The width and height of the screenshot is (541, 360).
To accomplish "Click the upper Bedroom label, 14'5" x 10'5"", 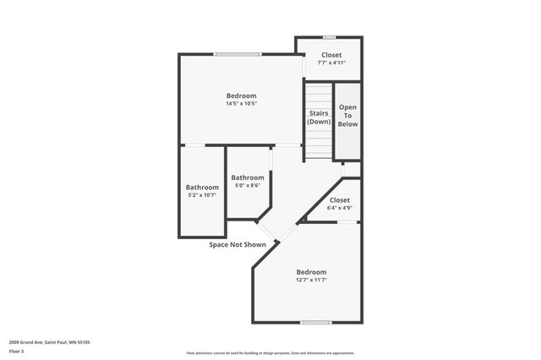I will click(x=241, y=95).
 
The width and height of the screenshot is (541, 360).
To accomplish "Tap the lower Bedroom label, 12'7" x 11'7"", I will click(x=311, y=271).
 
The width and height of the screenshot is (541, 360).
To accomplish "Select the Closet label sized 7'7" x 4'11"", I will click(x=331, y=55).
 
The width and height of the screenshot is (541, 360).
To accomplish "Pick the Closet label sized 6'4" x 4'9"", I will click(x=339, y=200).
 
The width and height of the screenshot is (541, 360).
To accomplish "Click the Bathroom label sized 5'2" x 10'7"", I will click(x=202, y=187).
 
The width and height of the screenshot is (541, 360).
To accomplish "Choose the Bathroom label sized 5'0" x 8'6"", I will click(x=248, y=177).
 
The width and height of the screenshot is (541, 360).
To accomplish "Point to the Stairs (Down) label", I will click(x=319, y=117).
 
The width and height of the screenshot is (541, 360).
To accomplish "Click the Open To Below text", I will click(x=347, y=116).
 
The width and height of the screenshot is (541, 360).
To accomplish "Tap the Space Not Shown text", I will click(x=238, y=244).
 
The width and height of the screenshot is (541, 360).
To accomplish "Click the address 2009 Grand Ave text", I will click(x=49, y=342).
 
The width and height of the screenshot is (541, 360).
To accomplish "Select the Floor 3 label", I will click(x=16, y=351).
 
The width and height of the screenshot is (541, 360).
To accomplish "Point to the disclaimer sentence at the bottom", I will click(x=270, y=353).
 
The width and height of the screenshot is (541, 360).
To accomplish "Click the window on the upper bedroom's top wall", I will click(x=237, y=54).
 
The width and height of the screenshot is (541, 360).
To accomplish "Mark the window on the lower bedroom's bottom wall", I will click(x=315, y=322).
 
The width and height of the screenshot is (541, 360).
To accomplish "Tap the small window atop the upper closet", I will click(x=328, y=37).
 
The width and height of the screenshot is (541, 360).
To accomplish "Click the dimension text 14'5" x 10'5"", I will click(x=241, y=104).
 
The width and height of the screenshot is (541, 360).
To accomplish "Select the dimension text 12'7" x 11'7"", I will click(x=311, y=280).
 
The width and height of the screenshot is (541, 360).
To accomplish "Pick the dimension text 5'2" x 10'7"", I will click(x=202, y=195).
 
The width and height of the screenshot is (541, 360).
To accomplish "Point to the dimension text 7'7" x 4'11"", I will click(x=331, y=63).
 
